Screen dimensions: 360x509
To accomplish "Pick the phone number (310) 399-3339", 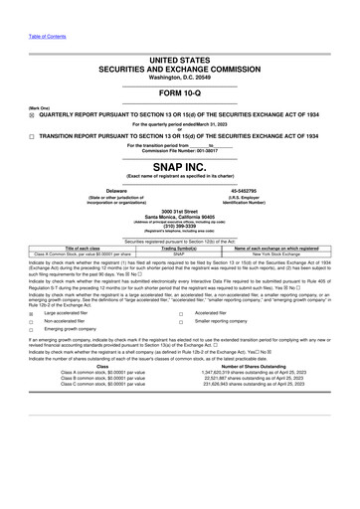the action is (180, 225).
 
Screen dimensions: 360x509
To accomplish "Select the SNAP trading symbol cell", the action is (180, 254).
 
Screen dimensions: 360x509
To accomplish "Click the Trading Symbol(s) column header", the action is (180, 249).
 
